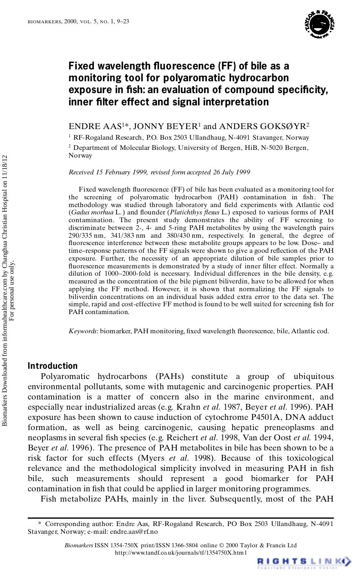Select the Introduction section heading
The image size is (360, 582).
click(x=52, y=366)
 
